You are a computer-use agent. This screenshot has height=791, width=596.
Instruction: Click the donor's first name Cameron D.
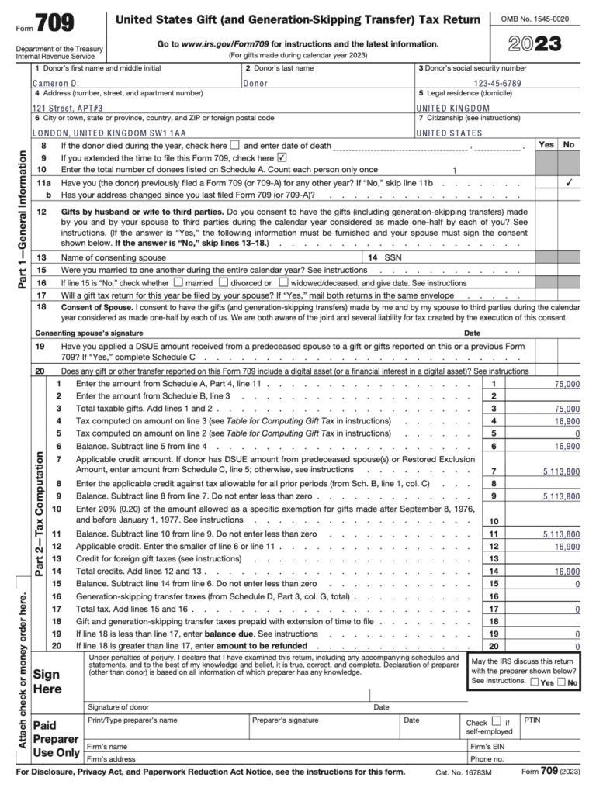(56, 83)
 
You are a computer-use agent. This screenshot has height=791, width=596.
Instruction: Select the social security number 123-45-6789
(508, 83)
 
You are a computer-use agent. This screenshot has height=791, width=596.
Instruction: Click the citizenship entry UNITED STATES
(449, 133)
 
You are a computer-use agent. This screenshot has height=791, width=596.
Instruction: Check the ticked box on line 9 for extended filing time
(282, 157)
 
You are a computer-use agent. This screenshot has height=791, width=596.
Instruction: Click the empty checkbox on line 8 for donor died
(236, 146)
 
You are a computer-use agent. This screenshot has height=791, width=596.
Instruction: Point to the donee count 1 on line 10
(455, 169)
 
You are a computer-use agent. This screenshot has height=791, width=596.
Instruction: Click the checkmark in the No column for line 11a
(569, 182)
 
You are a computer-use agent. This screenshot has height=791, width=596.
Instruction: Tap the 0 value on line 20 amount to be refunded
(577, 645)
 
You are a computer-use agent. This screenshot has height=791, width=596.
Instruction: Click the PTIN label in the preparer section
(532, 720)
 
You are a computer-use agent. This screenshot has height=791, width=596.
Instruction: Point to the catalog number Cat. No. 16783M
(462, 773)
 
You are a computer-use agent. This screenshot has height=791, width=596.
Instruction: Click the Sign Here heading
(47, 681)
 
